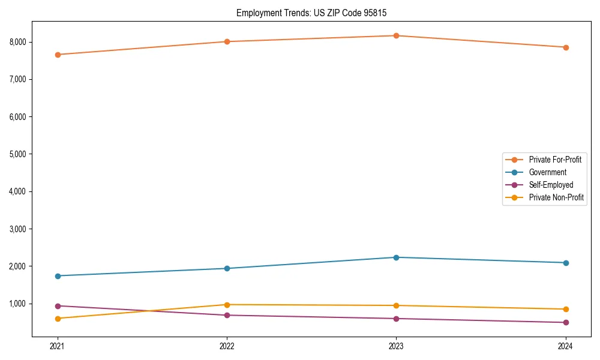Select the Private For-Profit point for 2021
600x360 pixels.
pyautogui.click(x=58, y=55)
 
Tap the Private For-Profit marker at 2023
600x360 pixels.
pyautogui.click(x=396, y=36)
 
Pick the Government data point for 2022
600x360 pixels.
pyautogui.click(x=227, y=268)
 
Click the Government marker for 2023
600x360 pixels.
pyautogui.click(x=396, y=257)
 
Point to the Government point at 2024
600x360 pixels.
pyautogui.click(x=565, y=263)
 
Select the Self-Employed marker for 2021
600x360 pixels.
pyautogui.click(x=58, y=306)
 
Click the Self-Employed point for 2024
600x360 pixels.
pyautogui.click(x=565, y=322)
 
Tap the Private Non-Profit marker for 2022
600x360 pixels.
pyautogui.click(x=227, y=305)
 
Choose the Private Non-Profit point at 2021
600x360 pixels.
pyautogui.click(x=58, y=319)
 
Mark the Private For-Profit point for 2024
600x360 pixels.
pyautogui.click(x=565, y=47)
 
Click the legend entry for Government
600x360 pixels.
pyautogui.click(x=547, y=172)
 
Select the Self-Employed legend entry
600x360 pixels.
pyautogui.click(x=551, y=185)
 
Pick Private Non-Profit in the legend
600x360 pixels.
pyautogui.click(x=556, y=197)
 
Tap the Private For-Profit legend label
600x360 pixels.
pyautogui.click(x=555, y=160)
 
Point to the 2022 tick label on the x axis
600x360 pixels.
pyautogui.click(x=227, y=346)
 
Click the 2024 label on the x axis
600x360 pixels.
pyautogui.click(x=565, y=346)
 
